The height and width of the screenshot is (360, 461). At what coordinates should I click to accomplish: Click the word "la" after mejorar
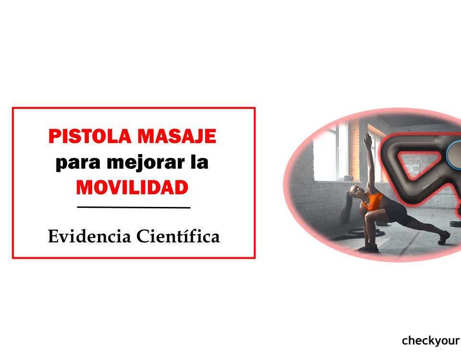(x=199, y=162)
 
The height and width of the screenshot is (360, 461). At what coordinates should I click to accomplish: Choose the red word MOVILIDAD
(x=132, y=188)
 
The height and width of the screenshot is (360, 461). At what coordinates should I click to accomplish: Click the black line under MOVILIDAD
(x=133, y=208)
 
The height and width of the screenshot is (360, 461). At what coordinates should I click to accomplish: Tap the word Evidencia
(x=89, y=236)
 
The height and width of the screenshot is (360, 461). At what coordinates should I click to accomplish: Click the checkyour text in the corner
(x=431, y=341)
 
